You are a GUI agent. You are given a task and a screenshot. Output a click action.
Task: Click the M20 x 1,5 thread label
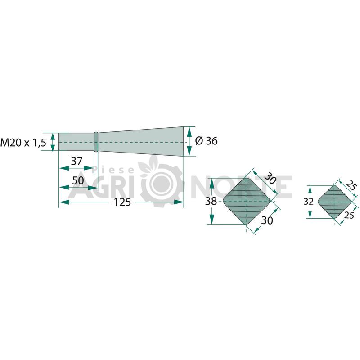(23, 143)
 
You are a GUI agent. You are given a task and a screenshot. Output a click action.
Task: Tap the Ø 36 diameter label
(206, 141)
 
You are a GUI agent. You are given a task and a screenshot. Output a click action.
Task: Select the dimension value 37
(76, 161)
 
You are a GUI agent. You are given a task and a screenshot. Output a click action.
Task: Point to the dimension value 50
(78, 180)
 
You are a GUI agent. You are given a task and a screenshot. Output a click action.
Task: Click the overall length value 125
(122, 202)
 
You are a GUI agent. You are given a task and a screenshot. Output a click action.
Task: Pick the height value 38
(211, 201)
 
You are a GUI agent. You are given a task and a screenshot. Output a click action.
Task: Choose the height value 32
(309, 202)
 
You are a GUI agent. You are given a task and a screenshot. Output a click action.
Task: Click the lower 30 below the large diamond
(267, 220)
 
